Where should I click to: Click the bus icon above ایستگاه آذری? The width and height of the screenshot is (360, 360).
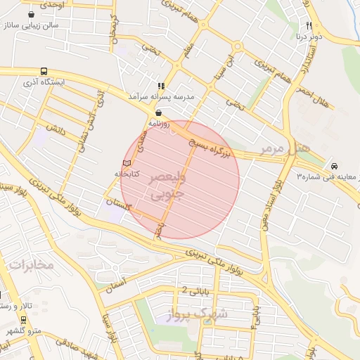[44, 71]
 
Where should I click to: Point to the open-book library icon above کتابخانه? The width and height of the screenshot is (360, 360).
[127, 163]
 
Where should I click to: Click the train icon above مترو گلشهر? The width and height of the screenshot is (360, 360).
[23, 319]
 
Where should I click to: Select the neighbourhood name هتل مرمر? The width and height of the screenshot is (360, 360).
[284, 148]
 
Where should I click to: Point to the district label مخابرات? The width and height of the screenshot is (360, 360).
[32, 264]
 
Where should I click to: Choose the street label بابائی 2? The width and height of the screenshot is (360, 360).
[195, 288]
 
